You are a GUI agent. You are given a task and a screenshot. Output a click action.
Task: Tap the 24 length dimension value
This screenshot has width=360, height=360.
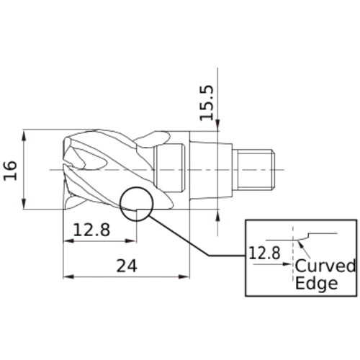click(126, 264)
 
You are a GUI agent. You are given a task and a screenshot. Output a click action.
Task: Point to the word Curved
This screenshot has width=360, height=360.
click(325, 266)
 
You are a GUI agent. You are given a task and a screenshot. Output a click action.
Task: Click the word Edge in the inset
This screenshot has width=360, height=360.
click(316, 283)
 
